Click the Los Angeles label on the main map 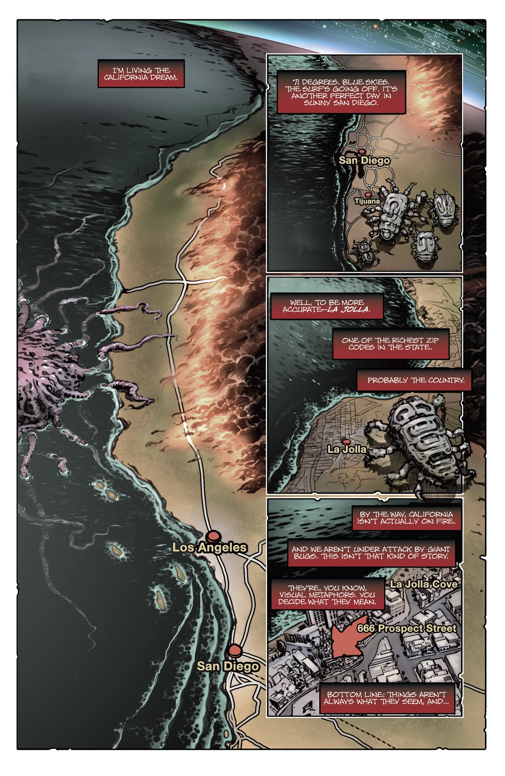tap(209, 548)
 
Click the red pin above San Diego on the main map tap(235, 650)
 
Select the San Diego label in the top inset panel tap(364, 161)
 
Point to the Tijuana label tap(367, 202)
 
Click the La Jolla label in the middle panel tap(347, 449)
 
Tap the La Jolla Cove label tap(423, 584)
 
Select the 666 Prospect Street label tap(406, 628)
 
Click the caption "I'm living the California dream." tap(141, 74)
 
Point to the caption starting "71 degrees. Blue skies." tap(341, 92)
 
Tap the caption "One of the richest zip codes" tap(391, 344)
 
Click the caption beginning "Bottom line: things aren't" tap(387, 698)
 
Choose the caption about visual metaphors tap(328, 595)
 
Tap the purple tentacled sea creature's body tap(42, 364)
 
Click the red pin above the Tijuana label tap(368, 194)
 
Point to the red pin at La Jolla tap(345, 441)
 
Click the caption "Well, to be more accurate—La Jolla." tap(326, 306)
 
